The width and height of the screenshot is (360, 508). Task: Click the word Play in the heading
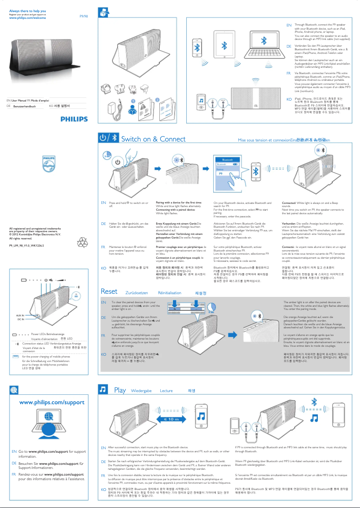point(120,390)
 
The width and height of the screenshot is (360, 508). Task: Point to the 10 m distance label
point(171,419)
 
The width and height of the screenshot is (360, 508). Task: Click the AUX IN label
point(20,316)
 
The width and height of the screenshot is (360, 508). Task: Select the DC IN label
point(21,319)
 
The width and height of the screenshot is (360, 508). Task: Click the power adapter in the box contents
point(110,107)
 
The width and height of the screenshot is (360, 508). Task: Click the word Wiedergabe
point(141,391)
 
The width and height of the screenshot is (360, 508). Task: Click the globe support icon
point(15,390)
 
